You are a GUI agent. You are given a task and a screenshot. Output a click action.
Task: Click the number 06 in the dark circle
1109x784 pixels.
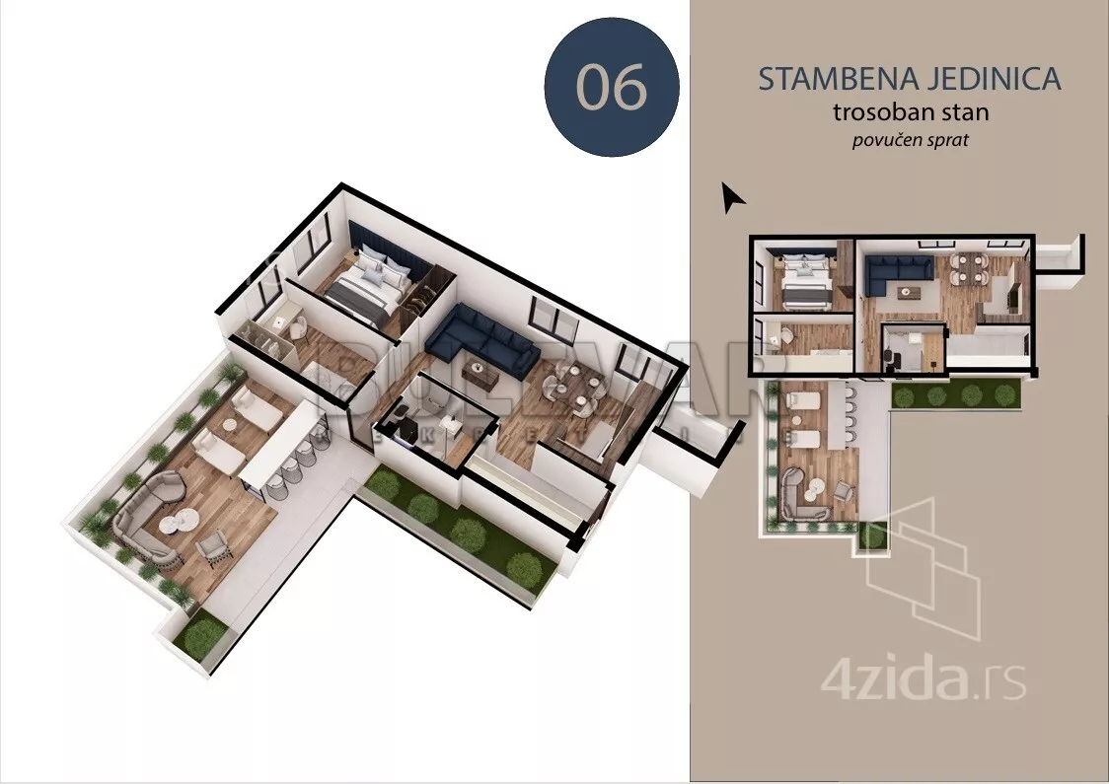[x=611, y=88]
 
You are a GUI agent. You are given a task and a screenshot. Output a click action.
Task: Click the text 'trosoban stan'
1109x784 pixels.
[x=910, y=112]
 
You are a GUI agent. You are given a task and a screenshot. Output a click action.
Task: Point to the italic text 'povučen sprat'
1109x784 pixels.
[x=910, y=140]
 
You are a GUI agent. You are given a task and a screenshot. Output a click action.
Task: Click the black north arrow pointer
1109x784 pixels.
[x=731, y=198]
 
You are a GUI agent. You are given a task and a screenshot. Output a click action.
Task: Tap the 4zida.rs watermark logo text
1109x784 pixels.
[x=924, y=679]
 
